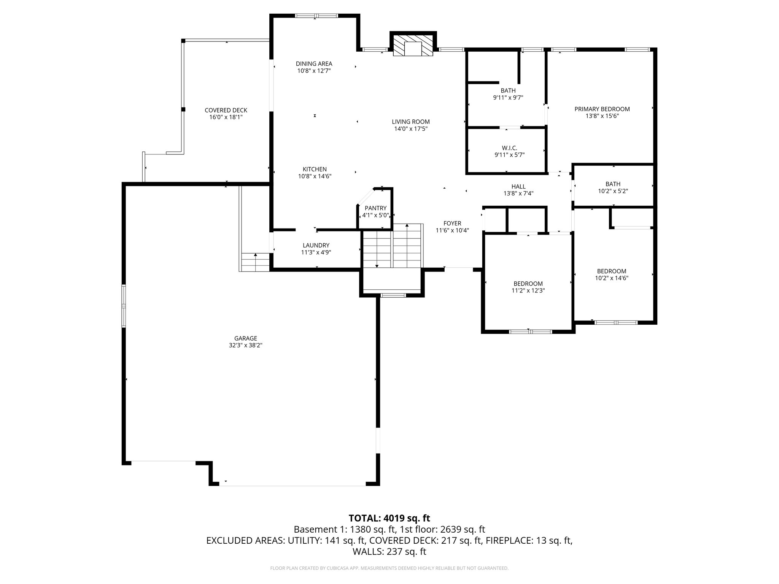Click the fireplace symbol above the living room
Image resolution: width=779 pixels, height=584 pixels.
(x=413, y=46)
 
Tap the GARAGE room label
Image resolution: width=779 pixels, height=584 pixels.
(x=245, y=338)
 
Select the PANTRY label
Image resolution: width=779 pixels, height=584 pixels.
(x=375, y=208)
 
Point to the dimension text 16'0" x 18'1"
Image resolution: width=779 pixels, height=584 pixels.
(x=226, y=117)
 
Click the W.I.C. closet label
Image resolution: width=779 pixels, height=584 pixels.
(x=509, y=148)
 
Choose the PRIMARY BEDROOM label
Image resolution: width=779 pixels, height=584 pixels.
(x=602, y=109)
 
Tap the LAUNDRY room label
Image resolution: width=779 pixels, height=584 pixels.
(x=316, y=245)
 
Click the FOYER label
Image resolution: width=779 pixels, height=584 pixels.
(x=452, y=223)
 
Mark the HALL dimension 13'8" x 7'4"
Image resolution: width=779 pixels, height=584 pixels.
(x=518, y=193)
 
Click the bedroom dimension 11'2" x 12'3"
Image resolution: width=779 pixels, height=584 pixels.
(x=528, y=290)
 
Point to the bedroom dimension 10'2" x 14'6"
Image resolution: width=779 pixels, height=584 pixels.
(x=611, y=278)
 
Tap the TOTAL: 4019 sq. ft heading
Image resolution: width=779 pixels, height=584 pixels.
(x=389, y=518)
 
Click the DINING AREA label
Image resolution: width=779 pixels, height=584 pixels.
(x=314, y=63)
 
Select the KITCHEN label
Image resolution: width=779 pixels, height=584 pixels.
(x=314, y=169)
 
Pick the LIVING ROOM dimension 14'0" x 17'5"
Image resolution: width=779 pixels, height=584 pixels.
(x=411, y=129)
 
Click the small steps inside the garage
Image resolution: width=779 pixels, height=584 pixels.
(x=255, y=262)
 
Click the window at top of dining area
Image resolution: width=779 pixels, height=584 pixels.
(x=316, y=16)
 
